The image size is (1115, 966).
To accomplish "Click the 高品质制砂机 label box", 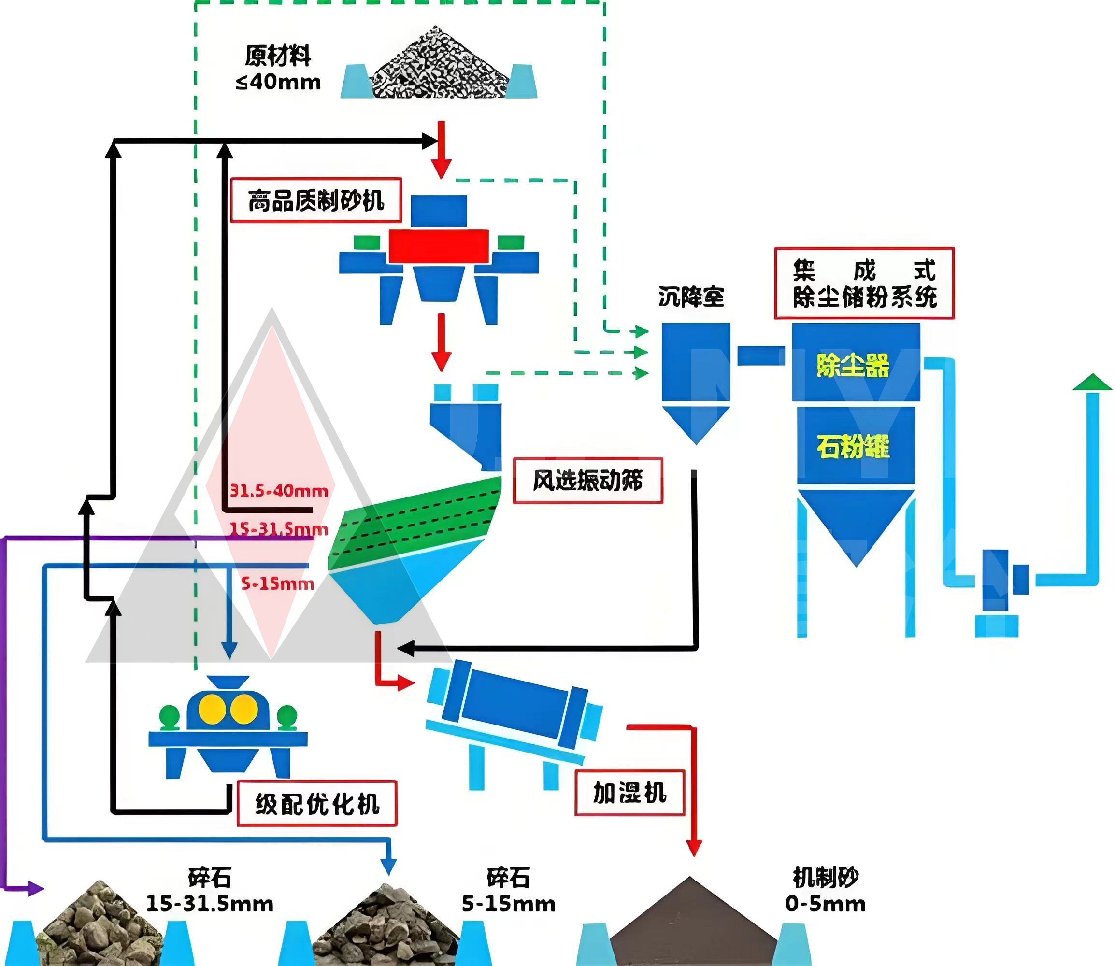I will pyautogui.click(x=316, y=200).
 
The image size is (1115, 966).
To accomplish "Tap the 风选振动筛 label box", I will pyautogui.click(x=587, y=480).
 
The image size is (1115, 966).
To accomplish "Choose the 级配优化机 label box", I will pyautogui.click(x=317, y=804).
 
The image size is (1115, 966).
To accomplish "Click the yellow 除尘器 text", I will pyautogui.click(x=853, y=366).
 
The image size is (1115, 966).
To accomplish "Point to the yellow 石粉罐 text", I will pyautogui.click(x=853, y=446).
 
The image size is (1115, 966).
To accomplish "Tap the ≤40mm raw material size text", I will pyautogui.click(x=278, y=82).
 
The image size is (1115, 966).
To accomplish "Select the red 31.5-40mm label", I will pyautogui.click(x=279, y=491).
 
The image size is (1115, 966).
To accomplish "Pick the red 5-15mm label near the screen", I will pyautogui.click(x=277, y=583).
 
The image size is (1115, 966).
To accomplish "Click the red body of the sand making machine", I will pyautogui.click(x=438, y=247).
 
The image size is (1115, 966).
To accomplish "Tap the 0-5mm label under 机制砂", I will pyautogui.click(x=826, y=904).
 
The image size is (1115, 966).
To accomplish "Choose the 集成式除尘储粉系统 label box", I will pyautogui.click(x=864, y=283).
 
